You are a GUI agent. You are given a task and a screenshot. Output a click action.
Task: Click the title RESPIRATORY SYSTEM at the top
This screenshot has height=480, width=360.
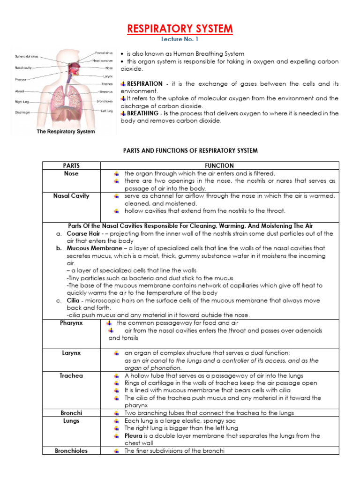pyautogui.click(x=180, y=29)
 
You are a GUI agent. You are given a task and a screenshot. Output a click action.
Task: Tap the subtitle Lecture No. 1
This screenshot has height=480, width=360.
pyautogui.click(x=180, y=40)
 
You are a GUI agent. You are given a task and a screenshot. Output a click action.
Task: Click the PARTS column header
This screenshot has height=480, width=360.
pyautogui.click(x=71, y=165)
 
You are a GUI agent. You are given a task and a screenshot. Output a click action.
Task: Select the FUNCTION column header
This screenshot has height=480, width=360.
pyautogui.click(x=219, y=165)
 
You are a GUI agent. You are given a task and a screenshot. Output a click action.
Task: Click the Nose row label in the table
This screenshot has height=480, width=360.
pyautogui.click(x=71, y=173)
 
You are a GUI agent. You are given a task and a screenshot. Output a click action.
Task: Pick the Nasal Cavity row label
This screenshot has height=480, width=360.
pyautogui.click(x=71, y=196)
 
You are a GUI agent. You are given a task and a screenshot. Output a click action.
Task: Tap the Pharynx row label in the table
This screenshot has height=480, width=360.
pyautogui.click(x=71, y=323)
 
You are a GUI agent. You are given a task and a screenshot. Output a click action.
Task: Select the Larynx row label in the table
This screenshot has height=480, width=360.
pyautogui.click(x=71, y=353)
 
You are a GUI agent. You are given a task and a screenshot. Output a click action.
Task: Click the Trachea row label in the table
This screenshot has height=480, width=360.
pyautogui.click(x=71, y=375)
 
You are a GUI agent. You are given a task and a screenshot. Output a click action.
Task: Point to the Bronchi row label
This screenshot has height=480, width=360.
pyautogui.click(x=71, y=413)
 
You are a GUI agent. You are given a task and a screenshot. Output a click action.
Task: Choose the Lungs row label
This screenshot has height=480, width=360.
pyautogui.click(x=71, y=420)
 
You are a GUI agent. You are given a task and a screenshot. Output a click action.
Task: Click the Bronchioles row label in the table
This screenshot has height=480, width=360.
pyautogui.click(x=71, y=450)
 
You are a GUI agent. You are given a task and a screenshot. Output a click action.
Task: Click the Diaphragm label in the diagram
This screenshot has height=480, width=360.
pyautogui.click(x=23, y=112)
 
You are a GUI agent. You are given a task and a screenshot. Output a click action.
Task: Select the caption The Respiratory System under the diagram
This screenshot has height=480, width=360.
pyautogui.click(x=66, y=131)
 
